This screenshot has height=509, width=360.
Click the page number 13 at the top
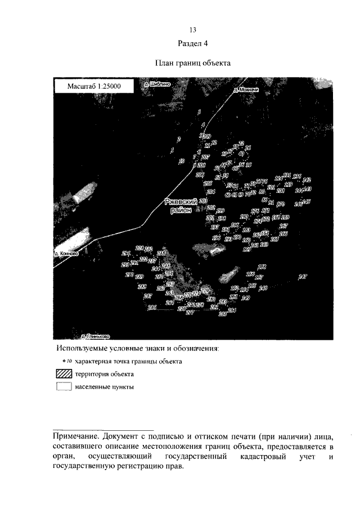point(192,30)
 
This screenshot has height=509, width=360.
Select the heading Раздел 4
point(192,44)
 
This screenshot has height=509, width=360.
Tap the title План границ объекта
point(192,64)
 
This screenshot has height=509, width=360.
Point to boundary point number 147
point(303,276)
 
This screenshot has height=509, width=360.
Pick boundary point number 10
point(181,162)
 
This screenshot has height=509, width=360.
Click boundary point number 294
point(125,253)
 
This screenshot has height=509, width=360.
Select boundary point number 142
point(307,179)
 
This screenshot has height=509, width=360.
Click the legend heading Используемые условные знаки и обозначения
point(137,349)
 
